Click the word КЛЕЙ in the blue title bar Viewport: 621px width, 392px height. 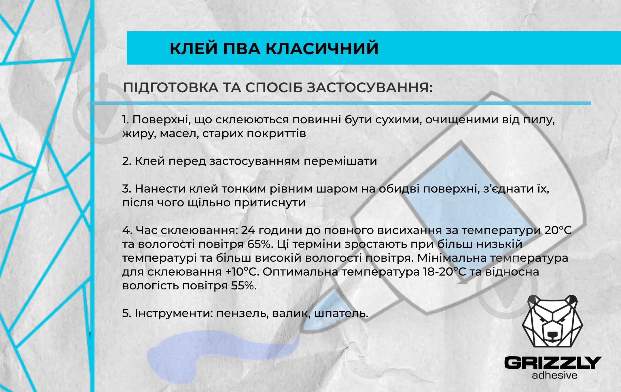tap(193, 48)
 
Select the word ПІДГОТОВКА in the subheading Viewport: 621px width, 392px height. tap(171, 88)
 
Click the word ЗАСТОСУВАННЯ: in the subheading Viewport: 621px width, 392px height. tap(370, 88)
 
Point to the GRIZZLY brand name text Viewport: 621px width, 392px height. tap(553, 363)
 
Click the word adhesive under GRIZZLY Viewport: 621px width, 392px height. tap(554, 375)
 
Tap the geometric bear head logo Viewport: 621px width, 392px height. tap(552, 321)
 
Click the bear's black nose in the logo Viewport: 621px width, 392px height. tap(552, 335)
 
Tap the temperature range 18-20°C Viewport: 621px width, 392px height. tap(444, 272)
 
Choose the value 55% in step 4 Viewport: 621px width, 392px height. tap(244, 286)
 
